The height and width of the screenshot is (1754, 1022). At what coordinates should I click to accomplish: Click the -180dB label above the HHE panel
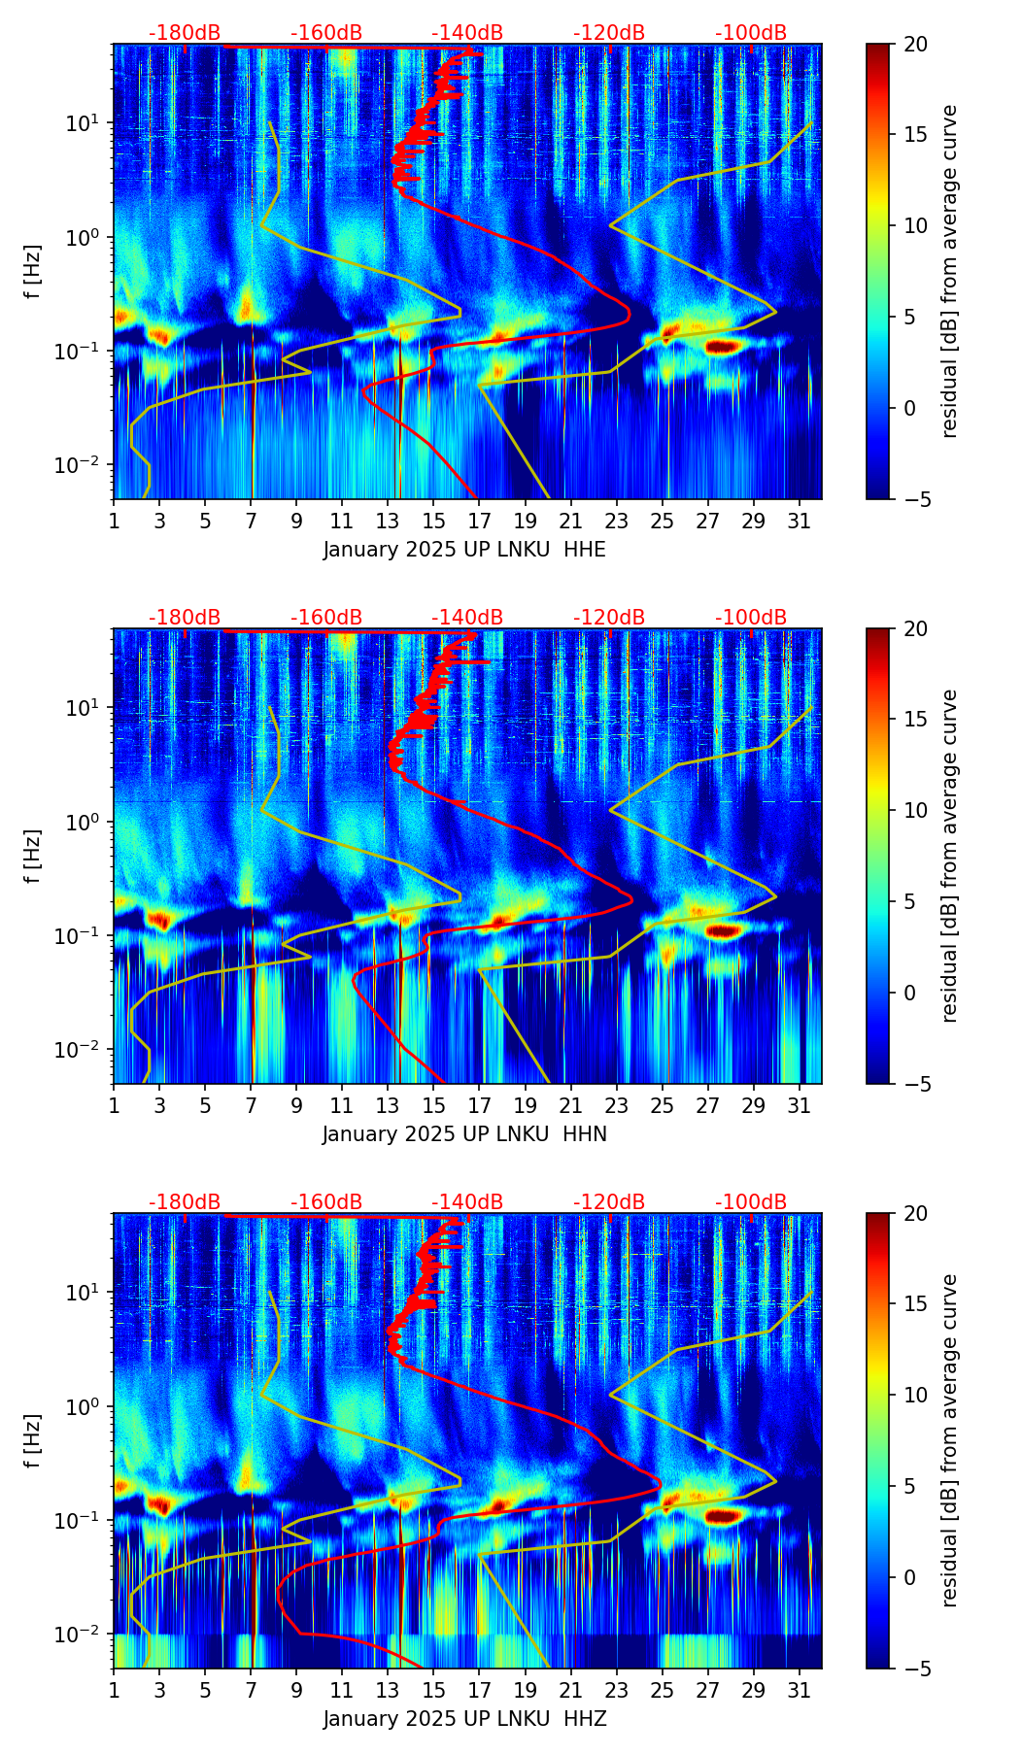click(x=185, y=33)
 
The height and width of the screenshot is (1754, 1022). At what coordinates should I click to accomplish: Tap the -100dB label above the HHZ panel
click(x=751, y=1202)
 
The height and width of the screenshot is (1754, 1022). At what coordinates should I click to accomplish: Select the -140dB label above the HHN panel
click(x=467, y=618)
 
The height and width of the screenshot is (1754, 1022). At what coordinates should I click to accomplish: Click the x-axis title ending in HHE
click(x=464, y=550)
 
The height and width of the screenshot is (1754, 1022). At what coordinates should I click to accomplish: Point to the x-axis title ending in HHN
click(x=464, y=1134)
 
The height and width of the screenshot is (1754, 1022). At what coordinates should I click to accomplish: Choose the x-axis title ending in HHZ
click(x=464, y=1719)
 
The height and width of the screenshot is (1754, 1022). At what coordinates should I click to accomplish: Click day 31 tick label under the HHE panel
click(x=800, y=522)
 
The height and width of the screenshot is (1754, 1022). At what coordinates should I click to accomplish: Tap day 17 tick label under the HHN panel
click(x=480, y=1106)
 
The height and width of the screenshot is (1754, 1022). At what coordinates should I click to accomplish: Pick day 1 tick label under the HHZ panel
click(x=114, y=1691)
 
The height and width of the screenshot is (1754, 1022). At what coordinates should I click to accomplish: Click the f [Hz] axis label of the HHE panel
click(x=33, y=271)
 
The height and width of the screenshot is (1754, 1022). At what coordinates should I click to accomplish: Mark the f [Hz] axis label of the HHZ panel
click(x=33, y=1440)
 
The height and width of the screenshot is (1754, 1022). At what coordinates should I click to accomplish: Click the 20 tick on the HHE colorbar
click(x=914, y=44)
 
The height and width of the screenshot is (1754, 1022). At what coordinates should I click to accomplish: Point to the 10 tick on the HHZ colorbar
click(x=914, y=1395)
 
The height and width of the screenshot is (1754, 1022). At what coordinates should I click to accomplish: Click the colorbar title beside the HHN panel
click(x=949, y=856)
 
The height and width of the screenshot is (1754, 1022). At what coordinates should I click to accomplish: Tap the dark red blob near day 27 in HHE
click(x=725, y=346)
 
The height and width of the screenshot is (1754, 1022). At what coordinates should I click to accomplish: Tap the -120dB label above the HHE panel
click(x=609, y=33)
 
